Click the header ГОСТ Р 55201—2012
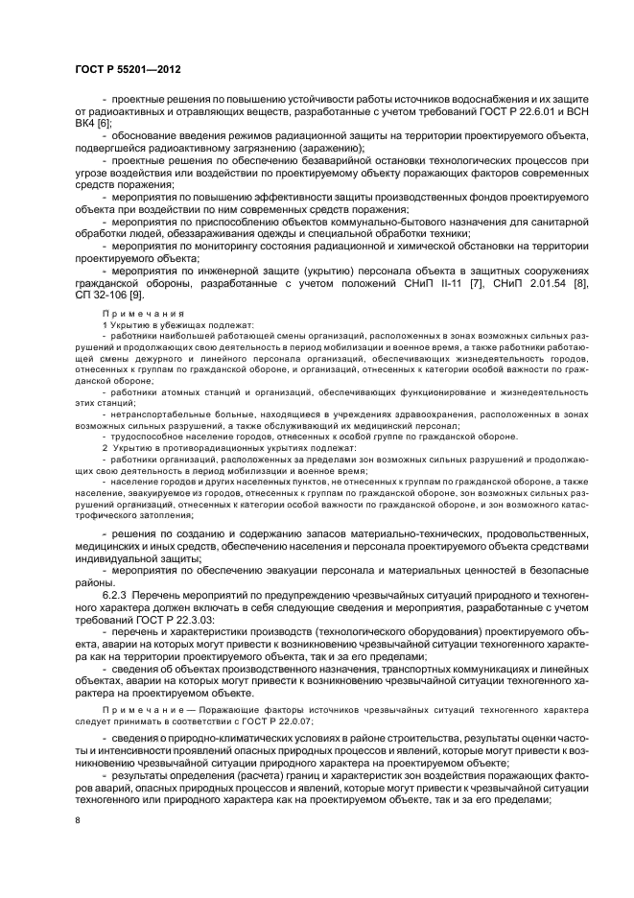129,71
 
